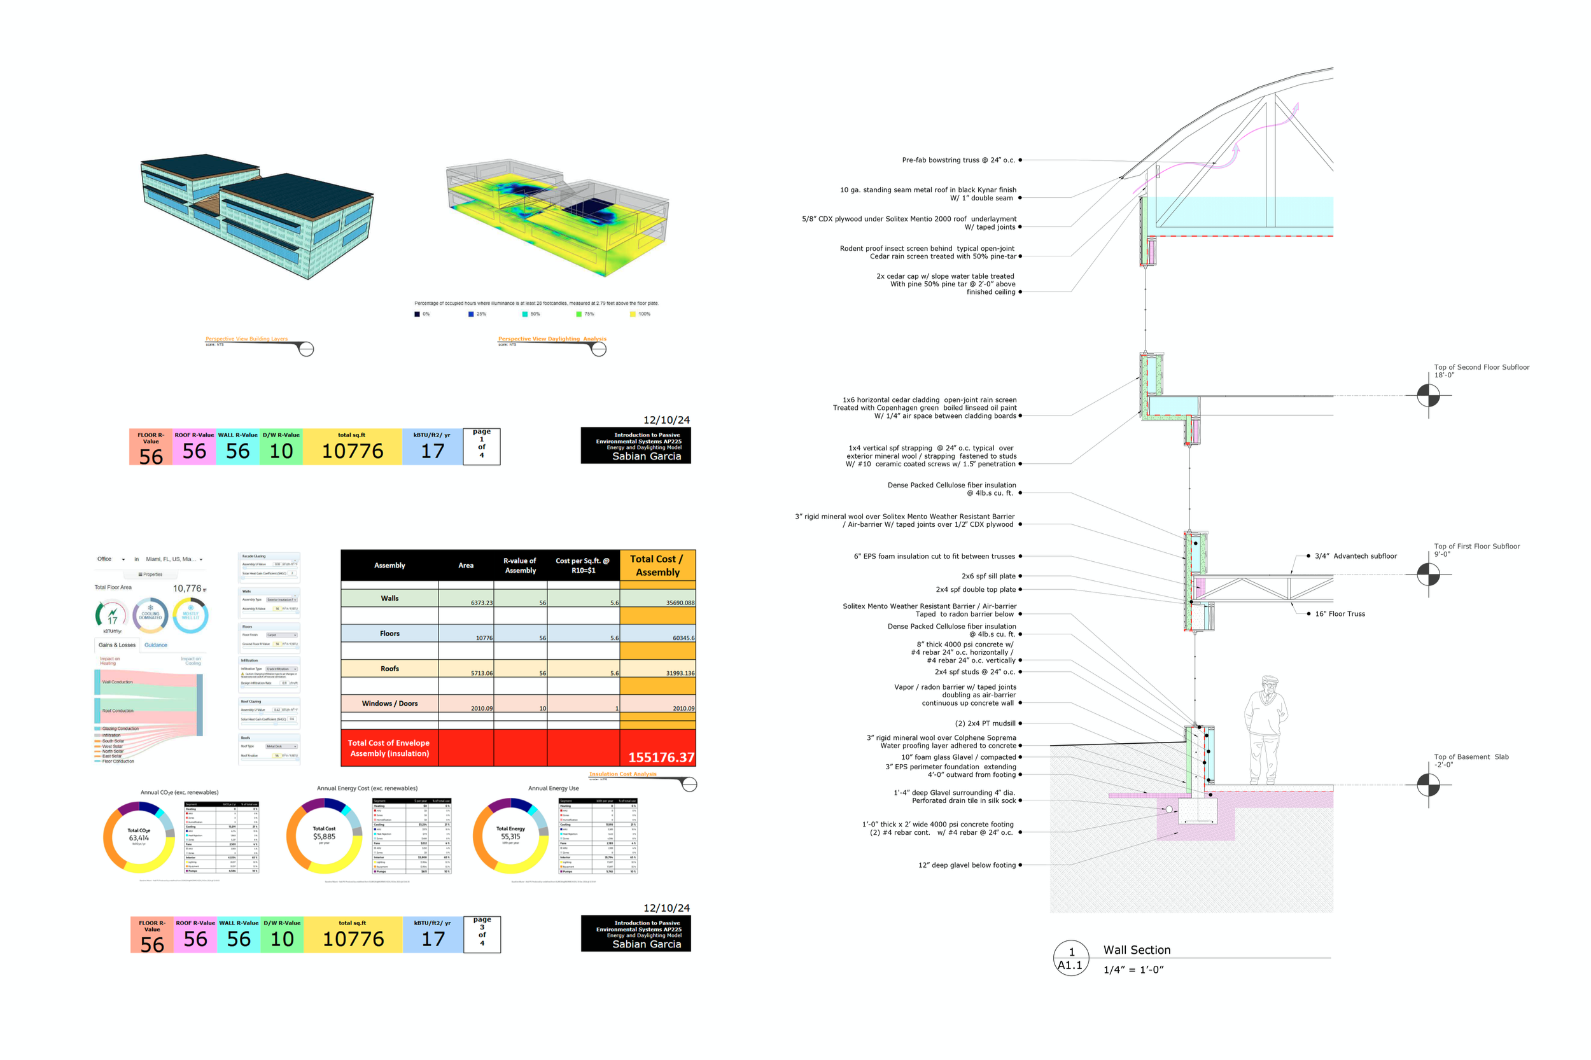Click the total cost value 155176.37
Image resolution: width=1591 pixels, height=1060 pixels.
point(660,757)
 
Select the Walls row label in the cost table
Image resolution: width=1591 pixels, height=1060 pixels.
point(389,598)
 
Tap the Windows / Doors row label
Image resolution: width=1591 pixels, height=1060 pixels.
point(389,704)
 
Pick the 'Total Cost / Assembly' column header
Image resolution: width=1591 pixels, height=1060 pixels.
point(657,565)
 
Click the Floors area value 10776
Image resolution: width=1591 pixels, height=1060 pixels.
point(484,638)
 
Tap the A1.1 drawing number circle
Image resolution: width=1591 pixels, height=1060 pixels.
point(1070,959)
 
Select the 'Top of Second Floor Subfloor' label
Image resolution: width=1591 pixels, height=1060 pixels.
point(1481,367)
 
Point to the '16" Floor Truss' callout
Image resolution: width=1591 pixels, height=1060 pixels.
point(1339,614)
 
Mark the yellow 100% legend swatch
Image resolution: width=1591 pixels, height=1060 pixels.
point(632,314)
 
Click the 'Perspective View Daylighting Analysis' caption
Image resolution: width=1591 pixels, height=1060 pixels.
point(552,338)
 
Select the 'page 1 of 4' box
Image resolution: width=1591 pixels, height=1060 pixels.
point(481,446)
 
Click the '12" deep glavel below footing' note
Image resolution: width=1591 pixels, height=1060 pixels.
point(966,865)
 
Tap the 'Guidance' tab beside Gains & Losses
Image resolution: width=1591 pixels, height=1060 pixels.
point(155,645)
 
